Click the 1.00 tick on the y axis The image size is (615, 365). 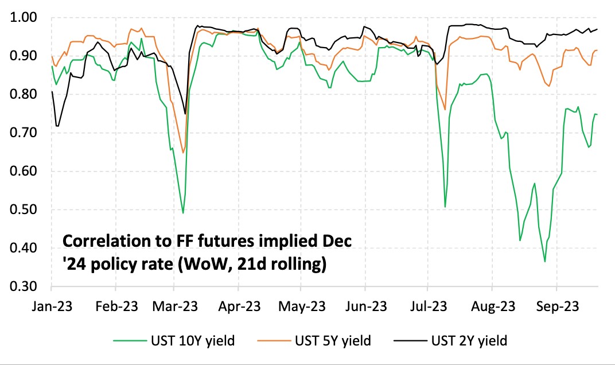(25, 18)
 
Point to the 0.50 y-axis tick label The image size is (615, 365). (25, 209)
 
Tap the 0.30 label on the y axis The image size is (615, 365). (25, 286)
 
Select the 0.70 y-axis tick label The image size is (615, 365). (25, 133)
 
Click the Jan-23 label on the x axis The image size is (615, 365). (52, 306)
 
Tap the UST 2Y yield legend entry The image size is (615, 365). (468, 341)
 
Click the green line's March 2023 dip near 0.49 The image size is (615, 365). (183, 213)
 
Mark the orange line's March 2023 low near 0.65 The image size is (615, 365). (183, 153)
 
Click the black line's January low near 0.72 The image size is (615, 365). (57, 126)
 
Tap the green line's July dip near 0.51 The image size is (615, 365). (445, 207)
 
